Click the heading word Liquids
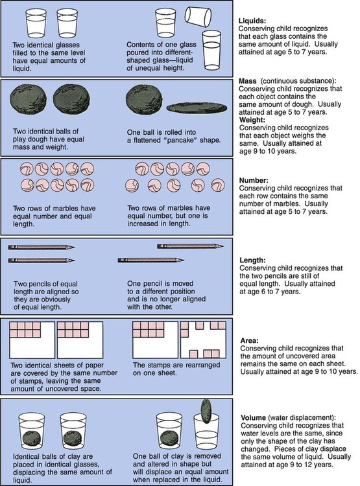(x=252, y=21)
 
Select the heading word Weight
(x=252, y=120)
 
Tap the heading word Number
(x=254, y=180)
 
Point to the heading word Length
(x=252, y=260)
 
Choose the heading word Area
(x=249, y=340)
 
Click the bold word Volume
(x=253, y=417)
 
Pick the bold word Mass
(x=248, y=81)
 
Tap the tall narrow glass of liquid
(x=211, y=50)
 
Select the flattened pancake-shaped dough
(x=197, y=108)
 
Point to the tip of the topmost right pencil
(x=223, y=246)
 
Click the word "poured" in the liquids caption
(x=137, y=52)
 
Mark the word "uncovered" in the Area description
(x=282, y=356)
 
